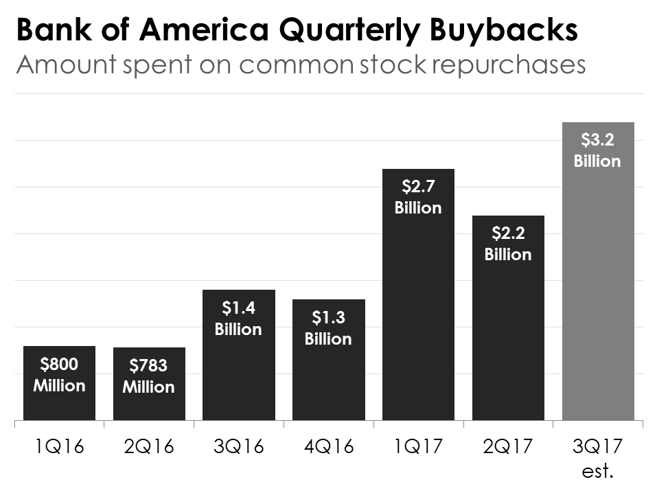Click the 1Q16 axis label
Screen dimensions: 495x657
coord(59,447)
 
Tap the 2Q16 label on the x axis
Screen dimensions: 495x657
coord(149,447)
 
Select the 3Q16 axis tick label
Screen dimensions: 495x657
coord(238,447)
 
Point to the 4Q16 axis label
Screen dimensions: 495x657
coord(328,447)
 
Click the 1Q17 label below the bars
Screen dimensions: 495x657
coord(418,447)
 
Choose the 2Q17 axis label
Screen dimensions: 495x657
coord(508,447)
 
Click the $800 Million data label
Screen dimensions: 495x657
coord(59,375)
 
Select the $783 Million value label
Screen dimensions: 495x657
coord(149,376)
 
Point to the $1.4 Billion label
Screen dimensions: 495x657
coord(238,319)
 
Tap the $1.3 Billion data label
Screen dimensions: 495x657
coord(328,328)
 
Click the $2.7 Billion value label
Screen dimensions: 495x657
coord(418,197)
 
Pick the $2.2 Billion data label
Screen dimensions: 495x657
coord(508,244)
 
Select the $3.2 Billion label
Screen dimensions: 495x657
coord(597,150)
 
